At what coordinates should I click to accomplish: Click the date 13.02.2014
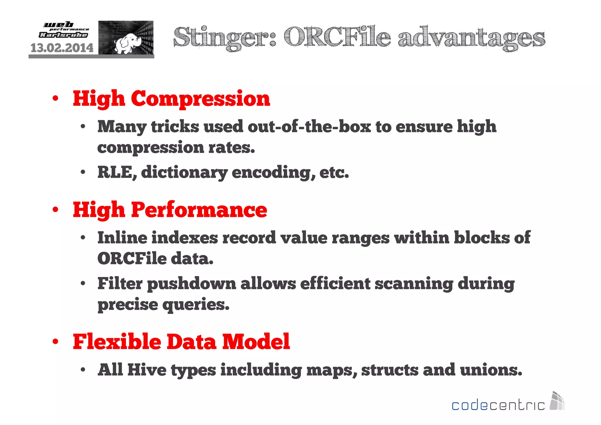pos(62,48)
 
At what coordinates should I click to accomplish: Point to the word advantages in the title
pos(471,38)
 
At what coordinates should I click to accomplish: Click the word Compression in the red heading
pos(200,99)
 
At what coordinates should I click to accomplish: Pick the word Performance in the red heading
pos(199,210)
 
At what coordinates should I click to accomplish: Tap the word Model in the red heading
pos(256,342)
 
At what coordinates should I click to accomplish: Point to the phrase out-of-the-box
pos(309,127)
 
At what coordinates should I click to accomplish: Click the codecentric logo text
pos(498,405)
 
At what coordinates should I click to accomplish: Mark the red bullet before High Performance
pos(55,210)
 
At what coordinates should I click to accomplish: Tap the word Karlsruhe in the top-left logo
pos(63,35)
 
